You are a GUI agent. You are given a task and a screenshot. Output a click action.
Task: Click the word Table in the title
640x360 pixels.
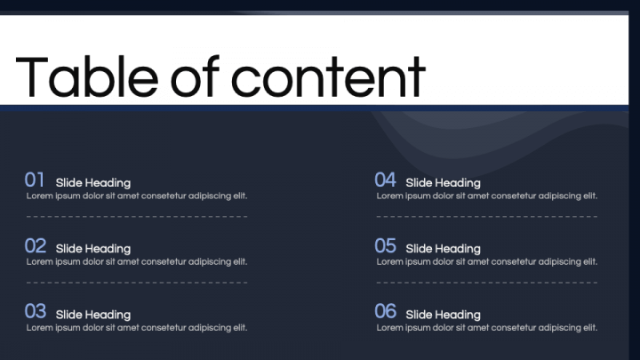(x=87, y=77)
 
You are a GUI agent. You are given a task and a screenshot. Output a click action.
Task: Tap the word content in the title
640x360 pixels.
(x=329, y=77)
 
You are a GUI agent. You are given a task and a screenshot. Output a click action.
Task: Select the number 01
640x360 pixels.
(x=35, y=180)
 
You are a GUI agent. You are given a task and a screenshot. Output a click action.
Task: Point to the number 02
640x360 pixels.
(x=35, y=245)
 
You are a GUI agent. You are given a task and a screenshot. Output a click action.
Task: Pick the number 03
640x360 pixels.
(x=35, y=311)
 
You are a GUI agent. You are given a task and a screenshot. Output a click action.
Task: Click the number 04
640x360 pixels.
(x=385, y=180)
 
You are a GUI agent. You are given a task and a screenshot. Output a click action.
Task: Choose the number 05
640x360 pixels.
(x=385, y=245)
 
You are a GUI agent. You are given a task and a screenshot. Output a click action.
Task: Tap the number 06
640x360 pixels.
(x=385, y=311)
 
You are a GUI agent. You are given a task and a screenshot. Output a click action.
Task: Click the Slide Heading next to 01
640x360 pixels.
(x=93, y=183)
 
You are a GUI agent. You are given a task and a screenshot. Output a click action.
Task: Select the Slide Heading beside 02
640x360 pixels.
(x=93, y=249)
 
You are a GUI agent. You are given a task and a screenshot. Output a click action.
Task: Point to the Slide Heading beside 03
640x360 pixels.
(x=93, y=315)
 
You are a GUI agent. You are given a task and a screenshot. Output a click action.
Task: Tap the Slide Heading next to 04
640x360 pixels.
(x=443, y=183)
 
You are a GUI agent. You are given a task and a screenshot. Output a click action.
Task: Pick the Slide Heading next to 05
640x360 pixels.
(x=443, y=249)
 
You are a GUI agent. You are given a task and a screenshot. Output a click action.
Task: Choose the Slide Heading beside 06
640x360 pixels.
(x=443, y=315)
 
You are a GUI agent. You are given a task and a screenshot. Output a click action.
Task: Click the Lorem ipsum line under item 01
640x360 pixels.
(x=137, y=196)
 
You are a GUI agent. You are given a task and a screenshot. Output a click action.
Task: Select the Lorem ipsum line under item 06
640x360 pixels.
(x=487, y=328)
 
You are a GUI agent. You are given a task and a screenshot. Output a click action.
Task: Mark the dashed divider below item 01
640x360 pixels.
(x=137, y=216)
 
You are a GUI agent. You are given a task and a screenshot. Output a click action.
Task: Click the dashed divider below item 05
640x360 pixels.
(x=487, y=283)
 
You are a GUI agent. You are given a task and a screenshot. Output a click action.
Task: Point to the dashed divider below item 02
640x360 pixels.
(x=137, y=283)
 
